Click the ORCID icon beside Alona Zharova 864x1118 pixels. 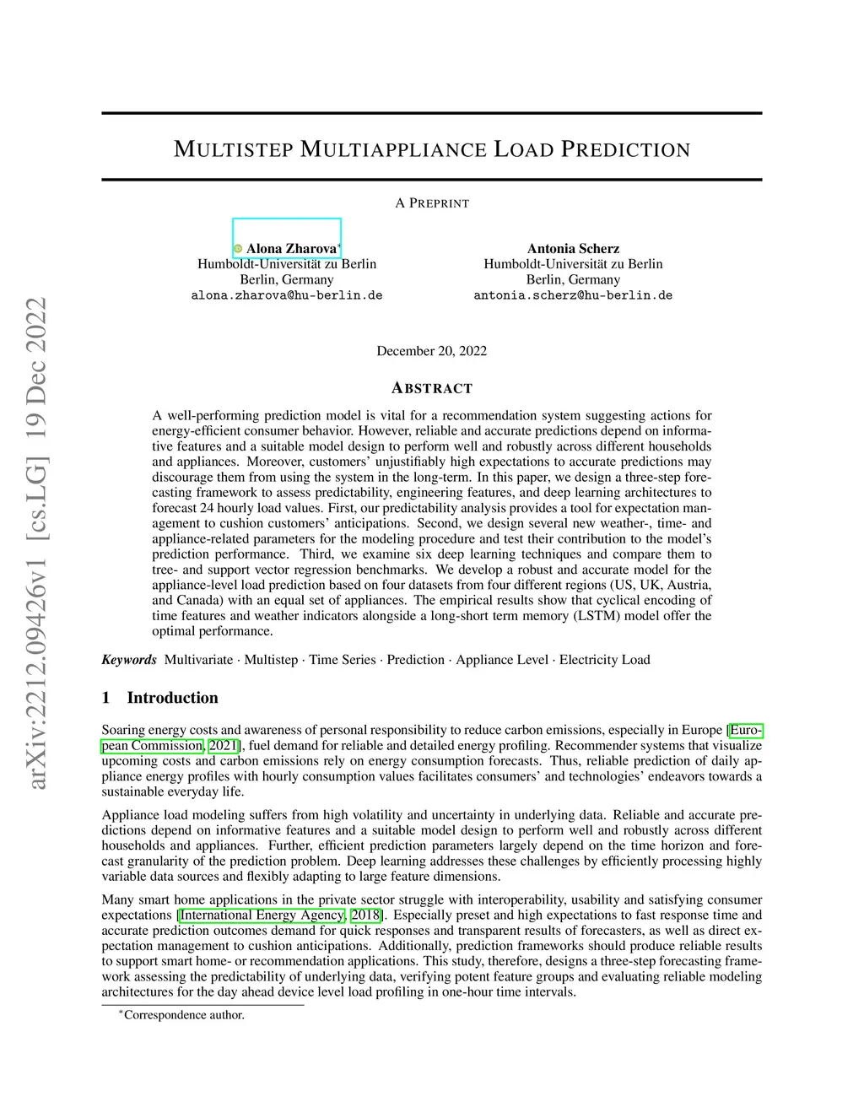tap(238, 249)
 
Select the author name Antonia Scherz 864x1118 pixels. tap(573, 249)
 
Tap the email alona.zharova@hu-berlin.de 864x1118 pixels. tap(287, 295)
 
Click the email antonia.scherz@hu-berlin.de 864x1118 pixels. tap(573, 295)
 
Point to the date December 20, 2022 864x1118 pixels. tap(431, 351)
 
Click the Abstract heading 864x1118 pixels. tap(432, 389)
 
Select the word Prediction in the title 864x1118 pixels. tap(626, 150)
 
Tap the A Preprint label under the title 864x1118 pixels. tap(432, 203)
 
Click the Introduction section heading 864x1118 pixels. tap(172, 698)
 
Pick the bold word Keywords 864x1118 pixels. tap(129, 660)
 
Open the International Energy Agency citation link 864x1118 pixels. tap(262, 915)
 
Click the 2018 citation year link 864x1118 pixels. tap(365, 915)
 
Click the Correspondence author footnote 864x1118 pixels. tap(184, 1015)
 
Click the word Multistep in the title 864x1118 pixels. tap(233, 150)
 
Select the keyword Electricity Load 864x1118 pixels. tap(604, 660)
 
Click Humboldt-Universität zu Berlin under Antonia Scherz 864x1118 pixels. tap(573, 264)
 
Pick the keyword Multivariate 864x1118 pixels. tap(198, 660)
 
